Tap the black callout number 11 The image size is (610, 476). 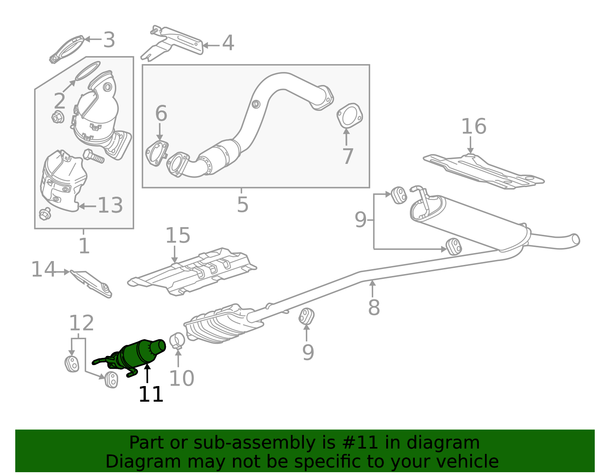pyautogui.click(x=151, y=394)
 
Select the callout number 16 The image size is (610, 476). pyautogui.click(x=474, y=127)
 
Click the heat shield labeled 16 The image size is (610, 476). pyautogui.click(x=484, y=170)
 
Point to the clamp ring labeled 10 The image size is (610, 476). pyautogui.click(x=177, y=340)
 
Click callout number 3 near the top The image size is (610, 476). pyautogui.click(x=109, y=40)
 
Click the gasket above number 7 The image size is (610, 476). pyautogui.click(x=349, y=115)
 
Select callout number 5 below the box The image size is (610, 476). pyautogui.click(x=242, y=205)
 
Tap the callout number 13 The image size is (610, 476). pyautogui.click(x=110, y=206)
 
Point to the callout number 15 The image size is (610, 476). pyautogui.click(x=178, y=236)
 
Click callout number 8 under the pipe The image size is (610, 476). pyautogui.click(x=374, y=308)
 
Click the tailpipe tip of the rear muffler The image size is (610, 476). pyautogui.click(x=575, y=239)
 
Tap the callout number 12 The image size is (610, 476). pyautogui.click(x=81, y=324)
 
